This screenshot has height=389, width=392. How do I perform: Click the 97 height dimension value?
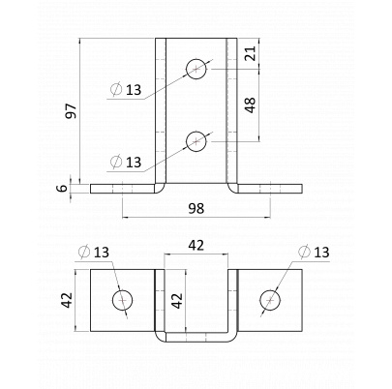(72, 111)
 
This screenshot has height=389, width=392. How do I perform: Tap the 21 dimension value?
(250, 53)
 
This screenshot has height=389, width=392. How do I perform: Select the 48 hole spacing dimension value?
(250, 105)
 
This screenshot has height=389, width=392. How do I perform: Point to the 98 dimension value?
(196, 208)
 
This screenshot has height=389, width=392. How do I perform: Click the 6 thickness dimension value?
(64, 188)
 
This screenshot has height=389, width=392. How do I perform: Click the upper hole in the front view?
(196, 69)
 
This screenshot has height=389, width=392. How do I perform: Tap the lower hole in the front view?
(196, 141)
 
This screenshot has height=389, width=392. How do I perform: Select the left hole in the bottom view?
(123, 300)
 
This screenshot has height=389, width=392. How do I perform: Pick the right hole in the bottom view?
(270, 300)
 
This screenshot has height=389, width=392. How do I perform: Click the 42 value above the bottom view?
(196, 246)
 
